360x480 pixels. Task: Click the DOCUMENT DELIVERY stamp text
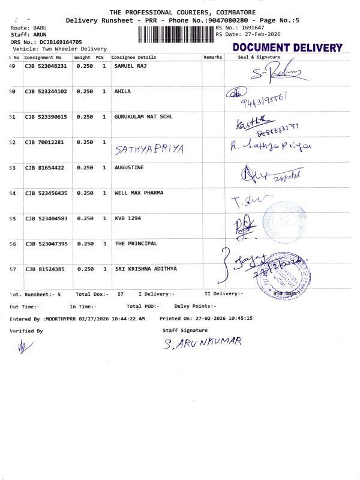(x=287, y=48)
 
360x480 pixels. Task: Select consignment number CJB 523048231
(x=46, y=66)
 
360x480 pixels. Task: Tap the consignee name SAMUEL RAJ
(x=131, y=66)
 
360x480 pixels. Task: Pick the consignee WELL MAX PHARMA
(x=139, y=193)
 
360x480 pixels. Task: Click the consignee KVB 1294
(x=127, y=218)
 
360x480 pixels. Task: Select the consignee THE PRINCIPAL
(x=135, y=244)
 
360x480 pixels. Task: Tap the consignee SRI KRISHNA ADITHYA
(x=146, y=269)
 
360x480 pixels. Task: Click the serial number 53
(x=13, y=168)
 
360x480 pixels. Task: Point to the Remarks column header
(x=213, y=57)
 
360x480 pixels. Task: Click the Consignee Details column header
(x=134, y=57)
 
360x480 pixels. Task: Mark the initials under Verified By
(x=23, y=346)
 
